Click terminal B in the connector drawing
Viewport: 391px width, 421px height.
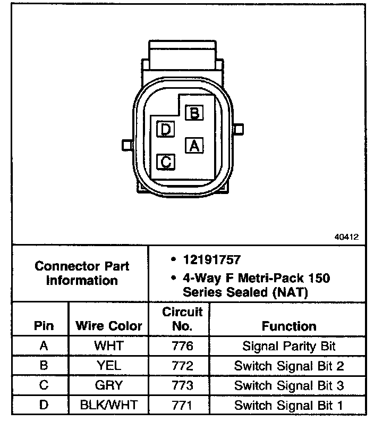[x=194, y=112]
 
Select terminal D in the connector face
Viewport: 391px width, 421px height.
[x=166, y=129]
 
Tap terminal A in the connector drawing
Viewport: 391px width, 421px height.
[x=194, y=145]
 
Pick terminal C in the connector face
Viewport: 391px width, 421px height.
[x=166, y=161]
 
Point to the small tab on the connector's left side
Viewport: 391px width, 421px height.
[x=126, y=145]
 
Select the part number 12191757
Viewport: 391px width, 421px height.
[x=211, y=260]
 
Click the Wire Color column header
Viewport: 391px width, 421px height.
[x=108, y=326]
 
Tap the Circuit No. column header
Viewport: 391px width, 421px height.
[x=183, y=319]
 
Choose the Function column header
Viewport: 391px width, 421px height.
[x=289, y=326]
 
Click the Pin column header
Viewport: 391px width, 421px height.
[x=44, y=326]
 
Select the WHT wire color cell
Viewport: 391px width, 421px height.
[x=108, y=346]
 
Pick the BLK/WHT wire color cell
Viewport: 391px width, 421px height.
[x=108, y=405]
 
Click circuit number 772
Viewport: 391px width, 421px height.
[x=183, y=366]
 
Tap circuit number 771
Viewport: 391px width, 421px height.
[x=183, y=405]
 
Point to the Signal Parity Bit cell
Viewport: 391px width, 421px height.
[x=289, y=346]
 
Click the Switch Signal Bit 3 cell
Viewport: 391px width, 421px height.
[x=289, y=385]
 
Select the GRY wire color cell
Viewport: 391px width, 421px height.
[x=108, y=385]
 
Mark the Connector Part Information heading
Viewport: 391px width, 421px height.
[x=82, y=273]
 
